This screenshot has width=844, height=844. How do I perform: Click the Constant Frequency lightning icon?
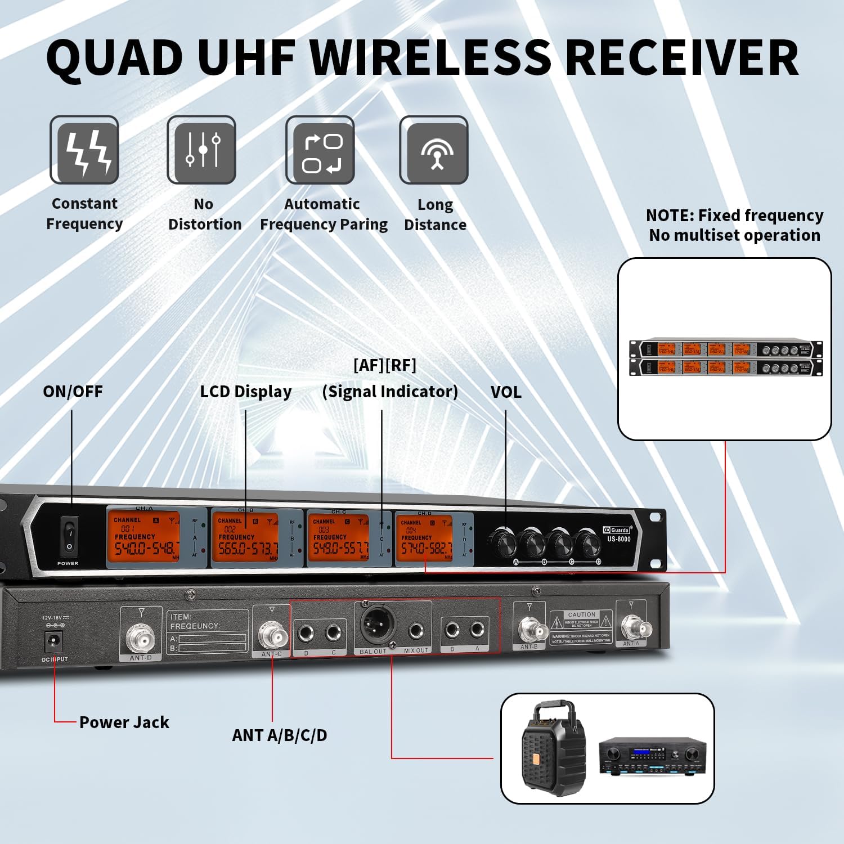(x=84, y=150)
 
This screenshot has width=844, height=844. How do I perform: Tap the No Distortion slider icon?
(x=201, y=150)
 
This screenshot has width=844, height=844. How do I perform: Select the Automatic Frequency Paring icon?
(x=320, y=150)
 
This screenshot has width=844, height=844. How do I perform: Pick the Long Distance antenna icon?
(x=434, y=150)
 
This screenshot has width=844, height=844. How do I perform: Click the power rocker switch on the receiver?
(x=70, y=536)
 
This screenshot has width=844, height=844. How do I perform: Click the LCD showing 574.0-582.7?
(x=424, y=538)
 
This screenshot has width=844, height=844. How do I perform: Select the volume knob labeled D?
(x=588, y=543)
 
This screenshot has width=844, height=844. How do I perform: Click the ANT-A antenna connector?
(x=632, y=626)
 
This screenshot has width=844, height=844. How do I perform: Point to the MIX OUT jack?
(x=416, y=631)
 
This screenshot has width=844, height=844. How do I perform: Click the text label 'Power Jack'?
(x=124, y=722)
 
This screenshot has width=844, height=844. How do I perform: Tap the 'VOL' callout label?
(x=506, y=392)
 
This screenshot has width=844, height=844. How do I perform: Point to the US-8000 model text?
(x=618, y=539)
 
